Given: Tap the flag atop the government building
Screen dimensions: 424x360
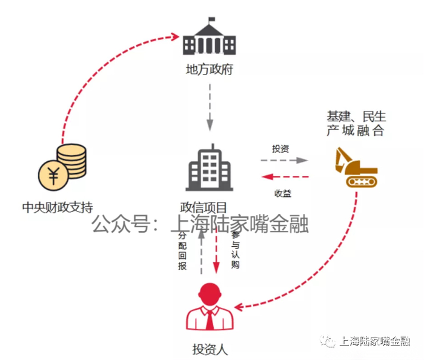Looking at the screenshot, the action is tap(211, 19).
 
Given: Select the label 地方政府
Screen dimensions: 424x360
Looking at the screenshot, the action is tap(210, 70).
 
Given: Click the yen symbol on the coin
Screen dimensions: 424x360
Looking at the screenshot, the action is tap(53, 175).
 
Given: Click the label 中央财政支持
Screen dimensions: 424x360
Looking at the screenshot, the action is tap(58, 208).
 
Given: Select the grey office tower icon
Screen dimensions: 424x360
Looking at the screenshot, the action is tap(210, 167).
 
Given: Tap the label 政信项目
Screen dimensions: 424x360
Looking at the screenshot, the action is tap(204, 208).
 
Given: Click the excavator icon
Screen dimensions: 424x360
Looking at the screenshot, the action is tap(356, 167).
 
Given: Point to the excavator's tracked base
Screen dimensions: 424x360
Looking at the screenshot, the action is tap(362, 181).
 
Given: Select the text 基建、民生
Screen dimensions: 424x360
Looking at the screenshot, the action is tap(356, 116).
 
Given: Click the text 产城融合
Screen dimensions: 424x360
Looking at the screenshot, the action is tap(356, 130).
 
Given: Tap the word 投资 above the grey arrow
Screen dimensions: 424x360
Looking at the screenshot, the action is tap(280, 148).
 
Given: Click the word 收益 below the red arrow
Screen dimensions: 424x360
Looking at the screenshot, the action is tap(283, 193).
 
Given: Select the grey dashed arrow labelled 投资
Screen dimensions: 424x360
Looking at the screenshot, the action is tap(285, 161).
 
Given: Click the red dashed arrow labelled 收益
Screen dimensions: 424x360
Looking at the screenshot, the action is tap(285, 177).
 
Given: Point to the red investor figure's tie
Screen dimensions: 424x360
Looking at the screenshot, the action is tap(210, 320).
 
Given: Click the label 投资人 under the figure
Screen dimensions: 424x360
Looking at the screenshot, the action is tap(210, 349).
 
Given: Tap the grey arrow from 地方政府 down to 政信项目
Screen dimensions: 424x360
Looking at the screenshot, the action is tap(210, 108).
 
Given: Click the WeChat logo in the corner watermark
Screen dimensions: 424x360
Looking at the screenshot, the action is tap(328, 341).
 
